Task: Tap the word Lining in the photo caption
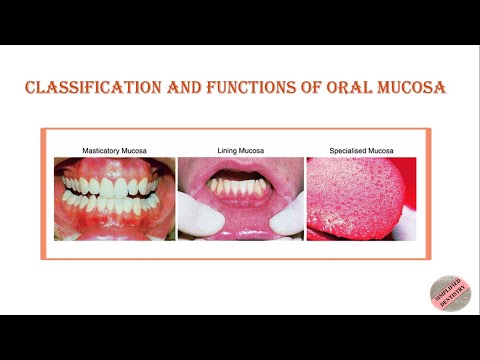(x=229, y=150)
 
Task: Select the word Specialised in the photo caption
(x=347, y=150)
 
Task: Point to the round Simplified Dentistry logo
(x=450, y=292)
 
